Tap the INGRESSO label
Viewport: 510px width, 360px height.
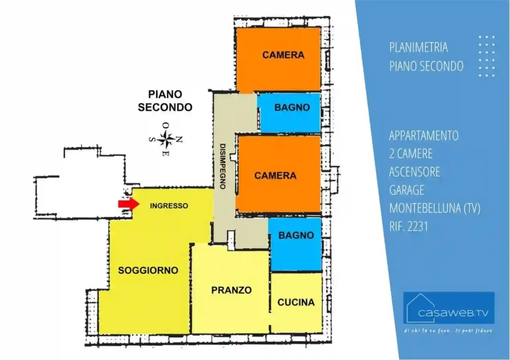pos(169,206)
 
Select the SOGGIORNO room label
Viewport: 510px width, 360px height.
pos(148,270)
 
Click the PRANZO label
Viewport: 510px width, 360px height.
pos(231,290)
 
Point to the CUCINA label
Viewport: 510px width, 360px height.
pos(296,302)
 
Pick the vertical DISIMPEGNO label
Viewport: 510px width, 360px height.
pos(222,166)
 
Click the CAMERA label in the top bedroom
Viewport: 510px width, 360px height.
pos(283,55)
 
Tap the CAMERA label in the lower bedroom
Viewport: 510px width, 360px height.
pos(275,176)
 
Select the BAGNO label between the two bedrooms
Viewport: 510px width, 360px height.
pos(292,107)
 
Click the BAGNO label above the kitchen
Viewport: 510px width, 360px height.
pos(296,235)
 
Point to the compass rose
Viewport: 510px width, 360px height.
pos(166,139)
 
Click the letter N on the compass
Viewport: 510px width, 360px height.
pos(179,139)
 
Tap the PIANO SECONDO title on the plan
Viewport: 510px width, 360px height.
pos(165,100)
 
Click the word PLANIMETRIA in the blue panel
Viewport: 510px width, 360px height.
pos(418,47)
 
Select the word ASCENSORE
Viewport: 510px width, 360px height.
pos(414,172)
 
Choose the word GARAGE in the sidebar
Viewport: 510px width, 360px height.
pos(406,190)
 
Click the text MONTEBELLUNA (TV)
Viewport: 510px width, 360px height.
pos(435,208)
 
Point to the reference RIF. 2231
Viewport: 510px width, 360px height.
pos(408,226)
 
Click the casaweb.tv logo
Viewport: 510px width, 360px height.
pos(449,308)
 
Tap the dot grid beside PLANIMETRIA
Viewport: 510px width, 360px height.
pos(486,56)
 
